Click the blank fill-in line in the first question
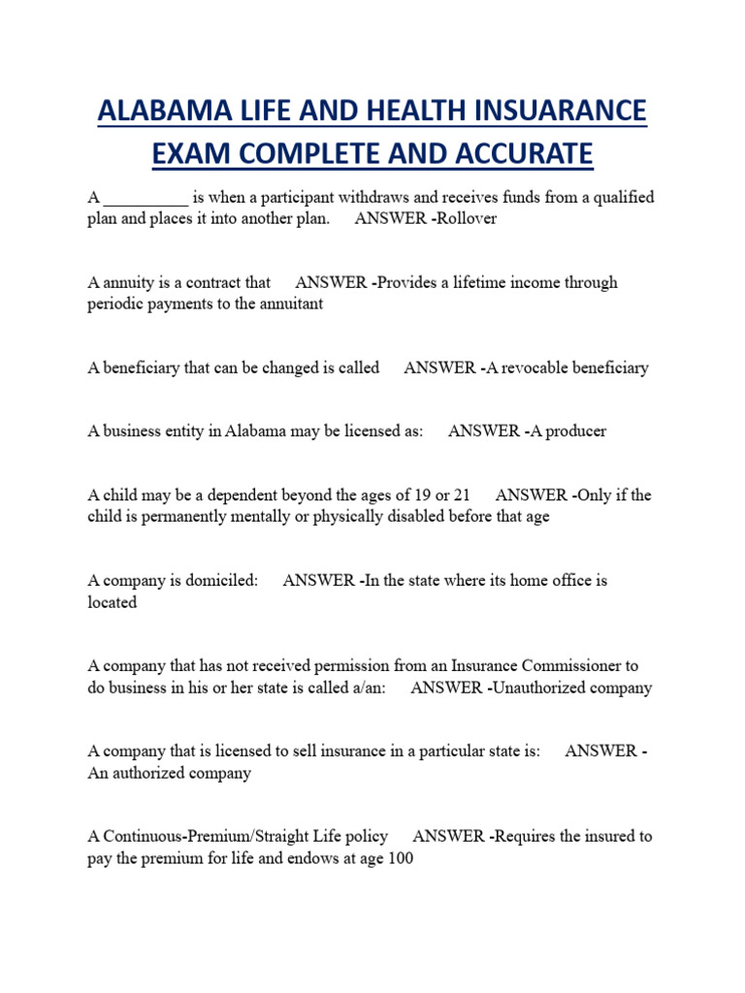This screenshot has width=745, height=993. click(146, 198)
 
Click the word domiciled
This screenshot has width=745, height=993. click(222, 580)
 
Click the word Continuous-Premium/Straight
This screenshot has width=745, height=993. click(201, 836)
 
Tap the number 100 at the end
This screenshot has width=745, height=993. click(400, 858)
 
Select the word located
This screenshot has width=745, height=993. click(113, 602)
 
